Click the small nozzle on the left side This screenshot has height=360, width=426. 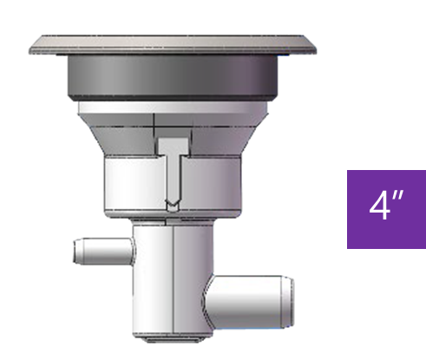point(102,252)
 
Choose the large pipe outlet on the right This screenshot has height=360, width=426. point(252,297)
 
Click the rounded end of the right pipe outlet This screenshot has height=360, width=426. point(289,297)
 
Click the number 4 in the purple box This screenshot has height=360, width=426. point(379,208)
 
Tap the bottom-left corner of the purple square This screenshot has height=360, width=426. point(348,248)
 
